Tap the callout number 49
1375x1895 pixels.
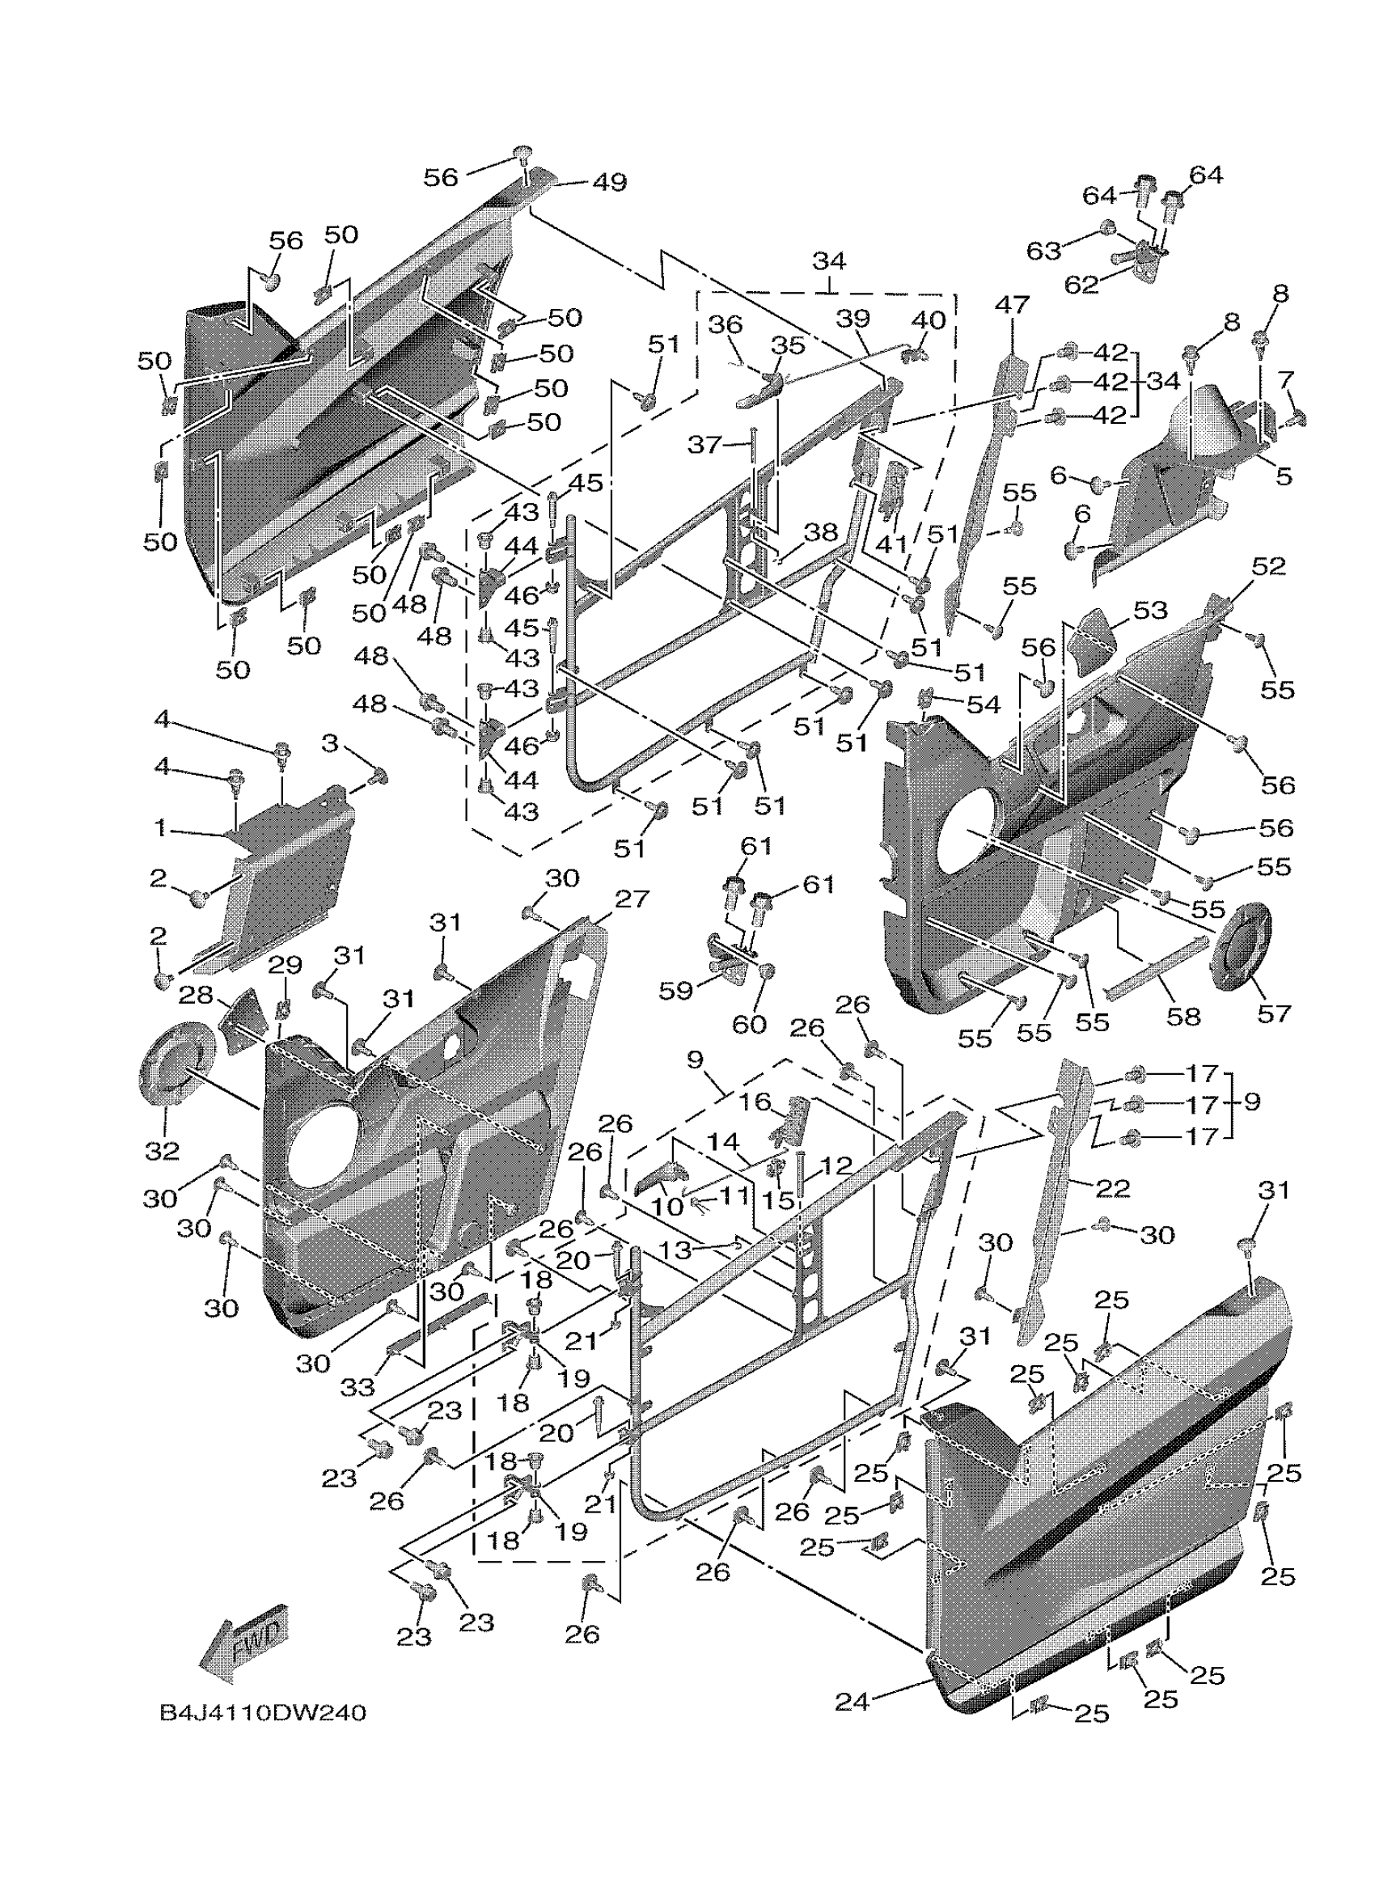(609, 182)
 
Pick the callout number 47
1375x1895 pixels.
(1012, 305)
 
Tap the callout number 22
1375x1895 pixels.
(1112, 1187)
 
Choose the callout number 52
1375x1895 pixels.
(1268, 566)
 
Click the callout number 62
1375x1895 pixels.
(1081, 285)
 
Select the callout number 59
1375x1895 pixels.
(676, 991)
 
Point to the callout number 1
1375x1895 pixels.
(159, 828)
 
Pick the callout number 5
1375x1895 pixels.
(1284, 476)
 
